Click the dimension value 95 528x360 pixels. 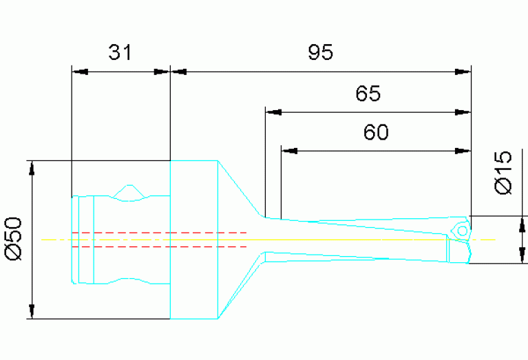point(320,52)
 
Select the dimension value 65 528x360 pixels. point(368,93)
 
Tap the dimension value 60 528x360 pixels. point(376,132)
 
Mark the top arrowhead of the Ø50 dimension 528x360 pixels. point(30,169)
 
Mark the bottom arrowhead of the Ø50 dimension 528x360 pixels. point(30,311)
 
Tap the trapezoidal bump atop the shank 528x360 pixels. point(128,193)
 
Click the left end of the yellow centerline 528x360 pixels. point(43,240)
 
